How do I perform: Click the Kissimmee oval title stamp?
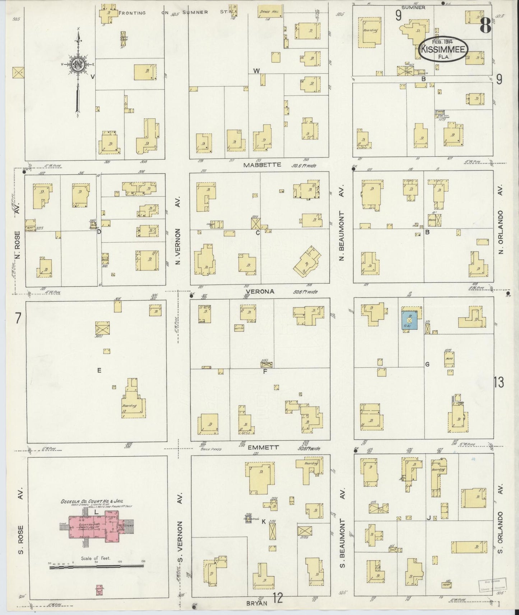(443, 50)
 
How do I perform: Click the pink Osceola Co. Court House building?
(96, 525)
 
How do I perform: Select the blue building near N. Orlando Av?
(409, 320)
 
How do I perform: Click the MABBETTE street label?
(257, 165)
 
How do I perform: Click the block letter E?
(99, 371)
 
